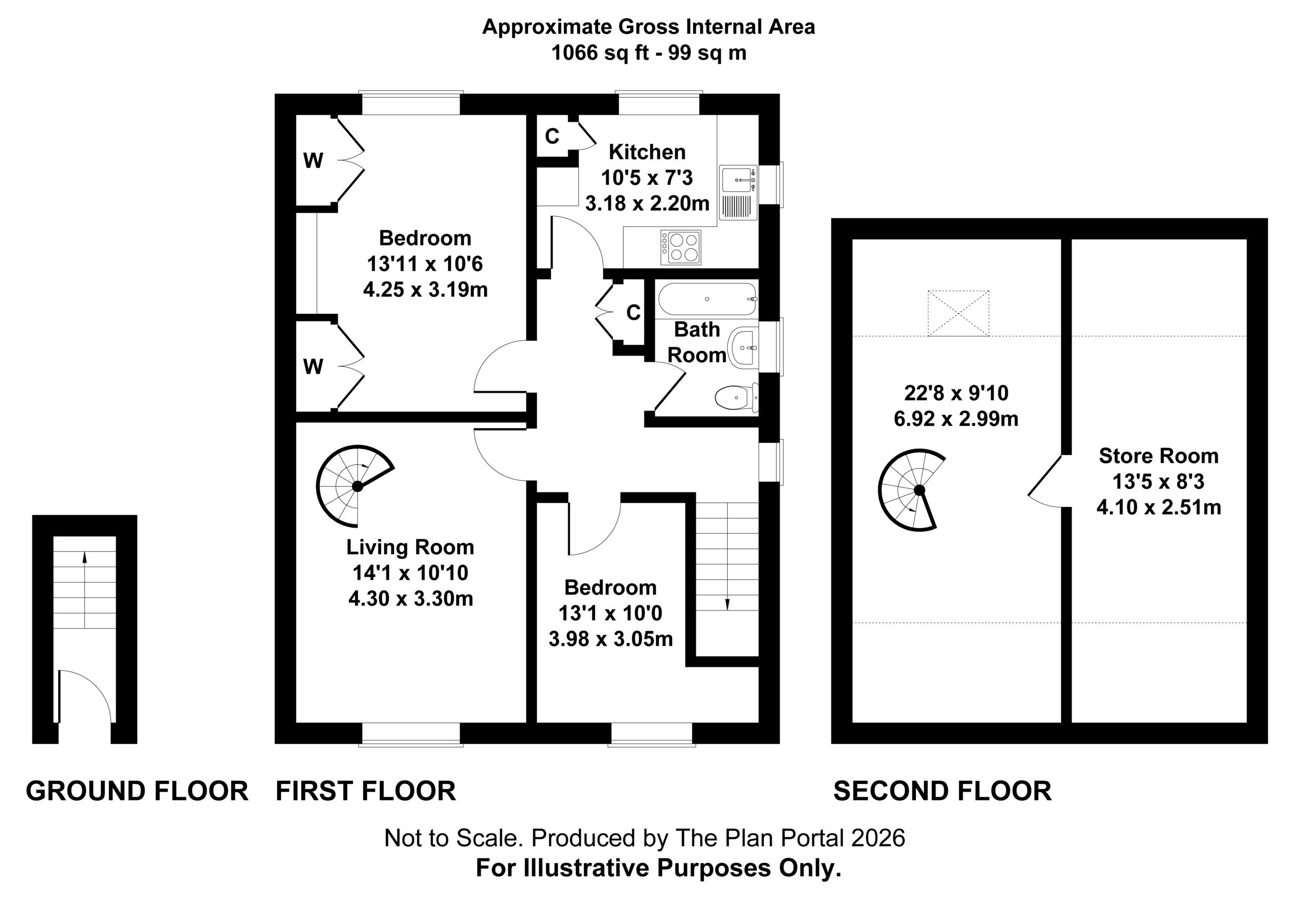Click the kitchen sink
click(738, 193)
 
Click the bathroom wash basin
click(743, 348)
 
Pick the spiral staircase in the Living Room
click(354, 486)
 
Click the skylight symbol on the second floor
click(958, 313)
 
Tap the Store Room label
click(1159, 456)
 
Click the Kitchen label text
click(647, 152)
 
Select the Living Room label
click(410, 547)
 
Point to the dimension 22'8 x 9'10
click(956, 393)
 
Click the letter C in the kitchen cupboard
click(552, 136)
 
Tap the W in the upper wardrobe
click(313, 161)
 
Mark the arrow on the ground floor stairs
click(85, 590)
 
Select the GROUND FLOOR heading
click(137, 791)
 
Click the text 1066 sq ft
click(599, 53)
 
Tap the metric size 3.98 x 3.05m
click(610, 639)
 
